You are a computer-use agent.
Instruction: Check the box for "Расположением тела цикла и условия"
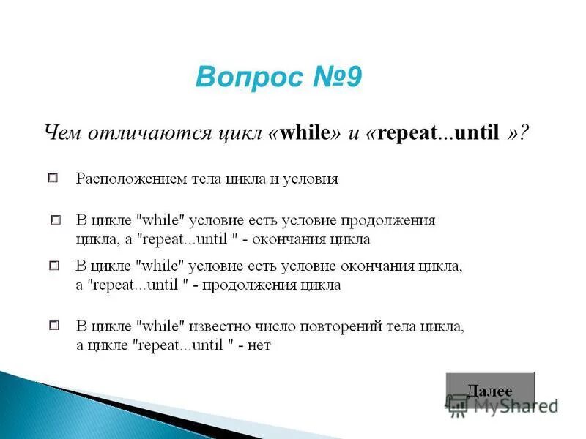click(x=53, y=178)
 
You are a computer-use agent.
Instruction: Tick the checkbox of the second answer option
click(x=56, y=219)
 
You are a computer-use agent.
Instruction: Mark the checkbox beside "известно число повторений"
click(x=53, y=325)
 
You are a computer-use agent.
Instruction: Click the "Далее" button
click(x=490, y=390)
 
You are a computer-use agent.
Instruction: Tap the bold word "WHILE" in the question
click(x=305, y=133)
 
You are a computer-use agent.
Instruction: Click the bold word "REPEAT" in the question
click(x=408, y=133)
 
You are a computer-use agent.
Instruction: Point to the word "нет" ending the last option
click(x=259, y=345)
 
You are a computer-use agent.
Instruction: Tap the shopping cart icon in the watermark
click(x=458, y=405)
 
